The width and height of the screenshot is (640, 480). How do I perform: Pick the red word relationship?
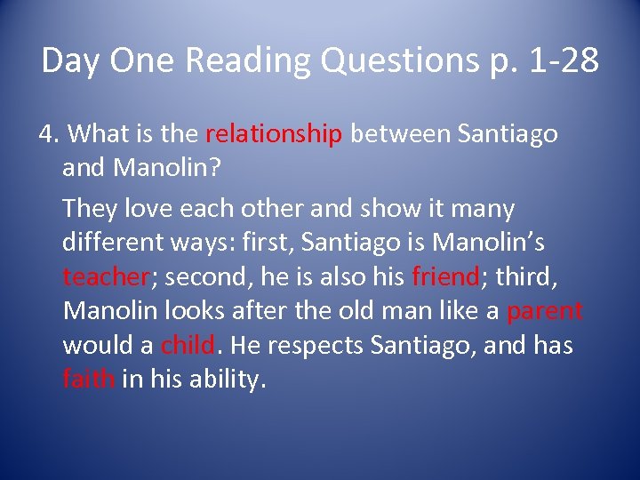click(x=274, y=134)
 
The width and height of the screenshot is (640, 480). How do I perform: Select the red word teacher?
click(x=105, y=276)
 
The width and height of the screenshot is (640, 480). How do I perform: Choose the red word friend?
click(x=445, y=276)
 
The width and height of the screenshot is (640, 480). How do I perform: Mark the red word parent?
click(x=545, y=310)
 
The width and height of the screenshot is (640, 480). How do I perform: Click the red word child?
click(x=188, y=344)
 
